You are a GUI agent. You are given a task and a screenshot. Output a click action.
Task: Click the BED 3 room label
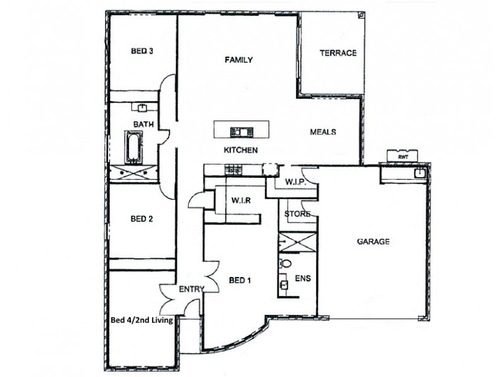142,52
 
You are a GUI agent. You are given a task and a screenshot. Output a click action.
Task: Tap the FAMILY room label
239,60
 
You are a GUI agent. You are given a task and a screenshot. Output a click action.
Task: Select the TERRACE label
338,53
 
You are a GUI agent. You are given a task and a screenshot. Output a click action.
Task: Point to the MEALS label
323,132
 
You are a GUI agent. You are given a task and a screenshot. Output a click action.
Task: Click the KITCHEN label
241,151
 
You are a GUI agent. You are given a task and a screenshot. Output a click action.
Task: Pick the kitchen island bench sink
241,131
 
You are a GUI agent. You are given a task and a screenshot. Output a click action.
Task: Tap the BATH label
143,124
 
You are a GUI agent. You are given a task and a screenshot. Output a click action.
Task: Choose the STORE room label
297,214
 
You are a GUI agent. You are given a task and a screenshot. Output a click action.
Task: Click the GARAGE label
373,241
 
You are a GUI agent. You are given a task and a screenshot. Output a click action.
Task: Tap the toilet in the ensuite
285,263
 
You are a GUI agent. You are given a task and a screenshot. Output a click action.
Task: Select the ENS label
302,278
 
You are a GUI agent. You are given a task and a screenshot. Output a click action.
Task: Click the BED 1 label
240,280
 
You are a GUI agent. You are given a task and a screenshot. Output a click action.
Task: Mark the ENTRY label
191,289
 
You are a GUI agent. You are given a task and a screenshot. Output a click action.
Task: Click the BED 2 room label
142,219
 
